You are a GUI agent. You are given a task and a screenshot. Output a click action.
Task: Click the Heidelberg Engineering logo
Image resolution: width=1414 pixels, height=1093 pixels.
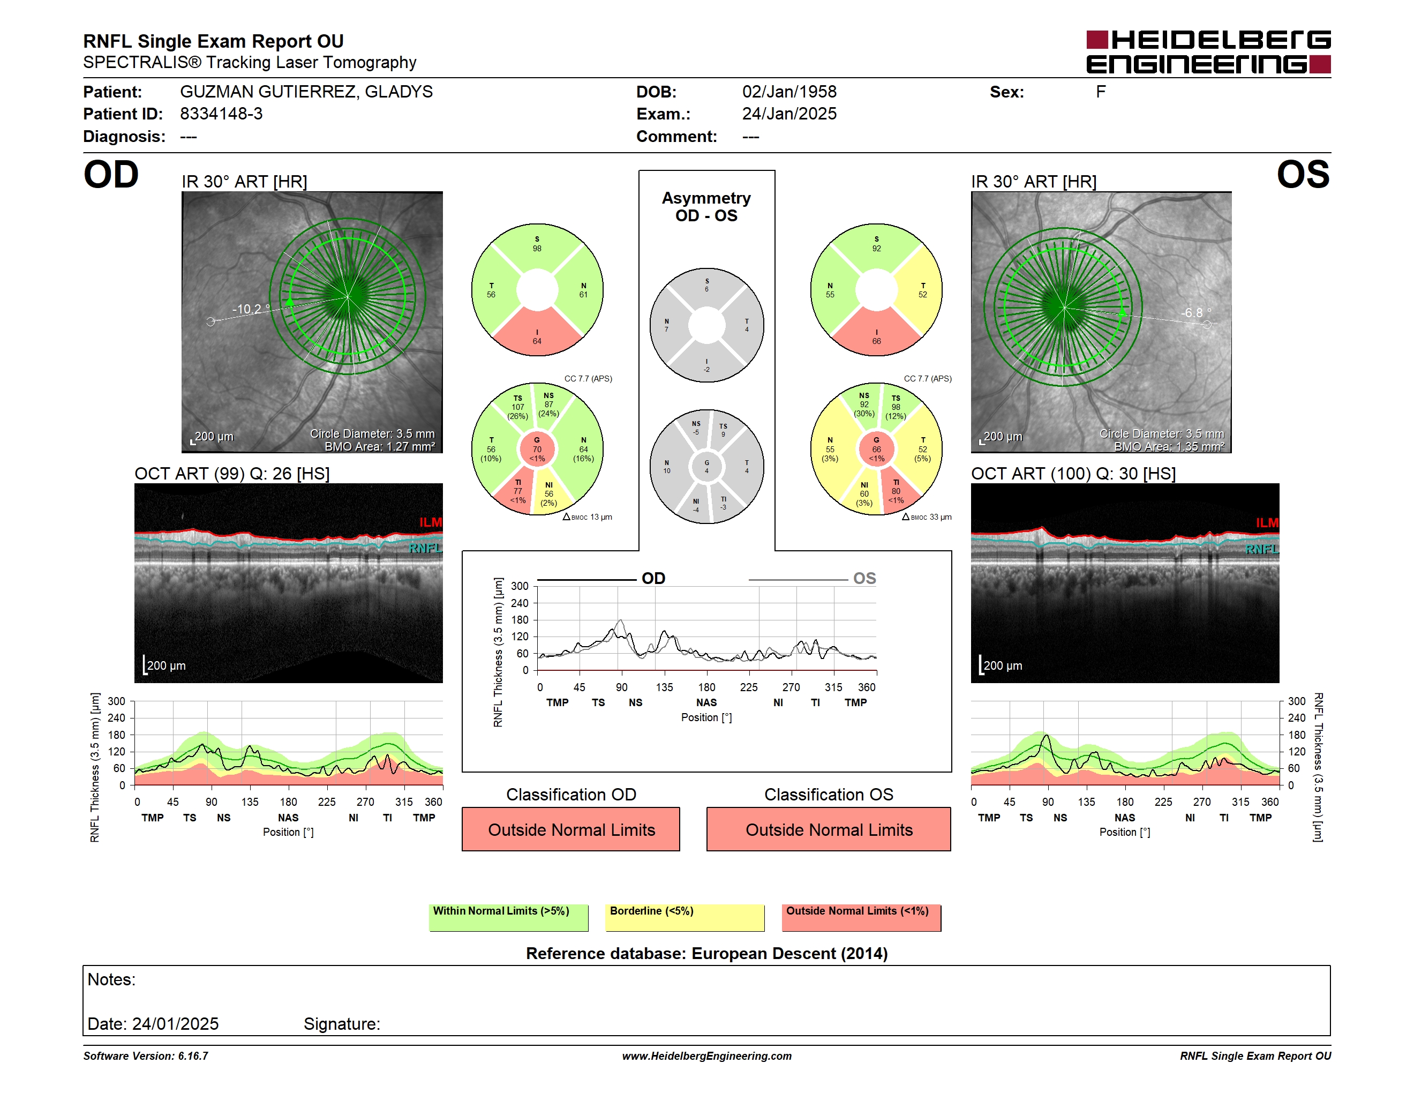click(1208, 52)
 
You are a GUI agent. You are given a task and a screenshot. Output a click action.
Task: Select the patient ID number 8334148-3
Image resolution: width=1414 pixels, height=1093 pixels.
click(221, 114)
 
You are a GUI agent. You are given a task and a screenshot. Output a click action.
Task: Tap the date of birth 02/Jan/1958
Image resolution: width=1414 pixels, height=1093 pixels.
click(789, 92)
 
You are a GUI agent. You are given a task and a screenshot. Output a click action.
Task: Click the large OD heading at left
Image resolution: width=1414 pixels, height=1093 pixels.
click(111, 175)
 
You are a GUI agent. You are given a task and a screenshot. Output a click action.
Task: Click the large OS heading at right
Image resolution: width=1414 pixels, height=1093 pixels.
click(1303, 175)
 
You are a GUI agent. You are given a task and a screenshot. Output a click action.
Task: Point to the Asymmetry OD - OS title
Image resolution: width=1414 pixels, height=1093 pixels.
click(706, 207)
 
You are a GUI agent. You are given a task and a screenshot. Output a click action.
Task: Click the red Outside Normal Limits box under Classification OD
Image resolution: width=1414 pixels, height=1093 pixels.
click(571, 829)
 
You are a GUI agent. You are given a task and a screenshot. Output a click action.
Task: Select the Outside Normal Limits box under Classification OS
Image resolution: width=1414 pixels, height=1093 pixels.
click(829, 829)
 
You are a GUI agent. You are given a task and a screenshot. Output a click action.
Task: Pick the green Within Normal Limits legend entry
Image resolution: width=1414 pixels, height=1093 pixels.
click(508, 917)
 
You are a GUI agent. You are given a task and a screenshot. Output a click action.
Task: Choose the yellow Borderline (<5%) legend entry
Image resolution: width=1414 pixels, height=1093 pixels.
click(685, 917)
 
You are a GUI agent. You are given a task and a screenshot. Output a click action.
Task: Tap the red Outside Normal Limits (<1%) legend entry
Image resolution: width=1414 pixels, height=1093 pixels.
click(861, 917)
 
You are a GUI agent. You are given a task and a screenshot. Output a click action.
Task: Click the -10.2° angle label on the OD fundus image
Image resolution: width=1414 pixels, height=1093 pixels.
click(251, 309)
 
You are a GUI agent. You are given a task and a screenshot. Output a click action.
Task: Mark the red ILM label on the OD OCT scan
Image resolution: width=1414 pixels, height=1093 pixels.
click(431, 522)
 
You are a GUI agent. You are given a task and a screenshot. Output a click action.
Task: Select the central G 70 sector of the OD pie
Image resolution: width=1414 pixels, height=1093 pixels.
click(537, 449)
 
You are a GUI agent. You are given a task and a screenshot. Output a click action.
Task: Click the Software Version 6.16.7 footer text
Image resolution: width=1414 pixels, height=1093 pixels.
click(146, 1056)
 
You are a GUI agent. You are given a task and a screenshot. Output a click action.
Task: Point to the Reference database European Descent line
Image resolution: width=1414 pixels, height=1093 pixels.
click(706, 953)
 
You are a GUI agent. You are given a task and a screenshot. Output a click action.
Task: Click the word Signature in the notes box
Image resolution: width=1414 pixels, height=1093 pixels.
click(341, 1024)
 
